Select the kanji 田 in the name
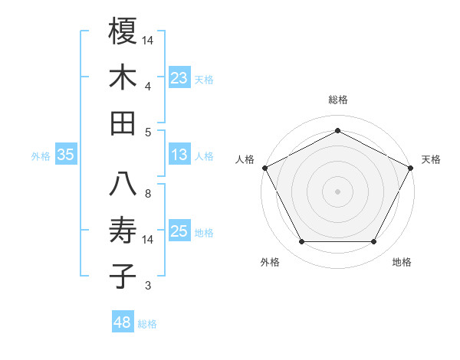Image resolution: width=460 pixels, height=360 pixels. pyautogui.click(x=123, y=123)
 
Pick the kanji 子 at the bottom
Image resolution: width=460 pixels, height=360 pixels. pyautogui.click(x=123, y=276)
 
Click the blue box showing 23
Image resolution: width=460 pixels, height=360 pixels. pyautogui.click(x=179, y=77)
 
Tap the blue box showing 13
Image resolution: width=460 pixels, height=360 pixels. pyautogui.click(x=179, y=155)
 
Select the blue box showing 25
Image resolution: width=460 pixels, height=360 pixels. pyautogui.click(x=179, y=232)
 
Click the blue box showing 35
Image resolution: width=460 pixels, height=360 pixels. pyautogui.click(x=66, y=155)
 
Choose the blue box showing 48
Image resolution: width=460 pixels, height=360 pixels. pyautogui.click(x=123, y=322)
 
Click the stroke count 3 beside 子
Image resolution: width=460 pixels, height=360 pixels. pyautogui.click(x=148, y=286)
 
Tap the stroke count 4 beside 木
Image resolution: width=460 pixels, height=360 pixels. pyautogui.click(x=148, y=87)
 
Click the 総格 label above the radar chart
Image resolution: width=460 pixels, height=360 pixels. pyautogui.click(x=337, y=100)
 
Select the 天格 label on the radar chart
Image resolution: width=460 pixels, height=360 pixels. pyautogui.click(x=431, y=159)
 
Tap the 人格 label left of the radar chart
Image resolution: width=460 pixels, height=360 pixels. pyautogui.click(x=245, y=159)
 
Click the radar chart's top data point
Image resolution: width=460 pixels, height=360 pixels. pyautogui.click(x=337, y=131)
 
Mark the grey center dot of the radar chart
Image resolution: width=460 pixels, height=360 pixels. pyautogui.click(x=337, y=191)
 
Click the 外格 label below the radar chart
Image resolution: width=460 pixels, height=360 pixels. pyautogui.click(x=270, y=262)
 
